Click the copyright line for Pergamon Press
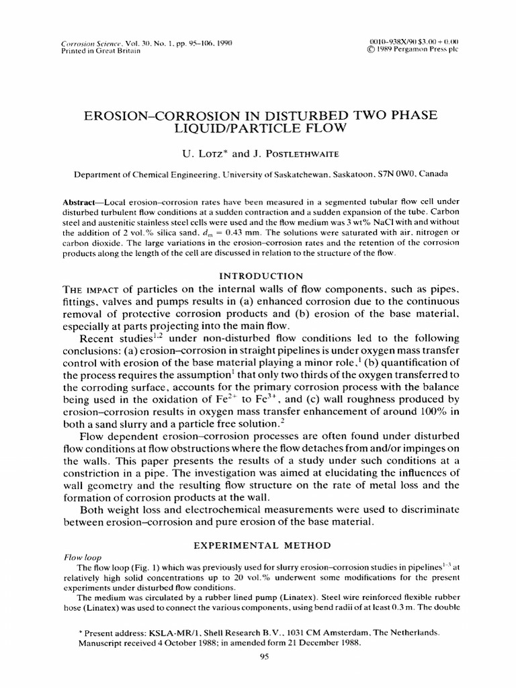point(413,50)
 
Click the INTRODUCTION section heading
point(257,275)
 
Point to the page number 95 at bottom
point(258,658)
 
